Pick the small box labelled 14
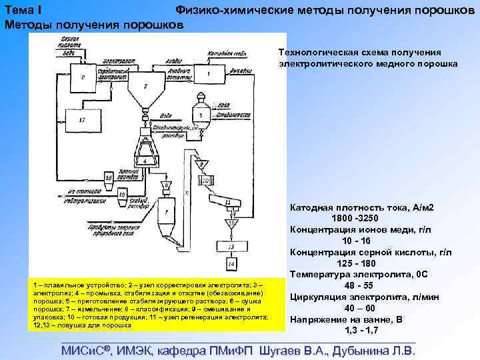(231, 265)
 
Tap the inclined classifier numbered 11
(229, 201)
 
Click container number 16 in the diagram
(107, 178)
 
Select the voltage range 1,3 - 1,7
(361, 330)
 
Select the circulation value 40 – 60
(361, 308)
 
